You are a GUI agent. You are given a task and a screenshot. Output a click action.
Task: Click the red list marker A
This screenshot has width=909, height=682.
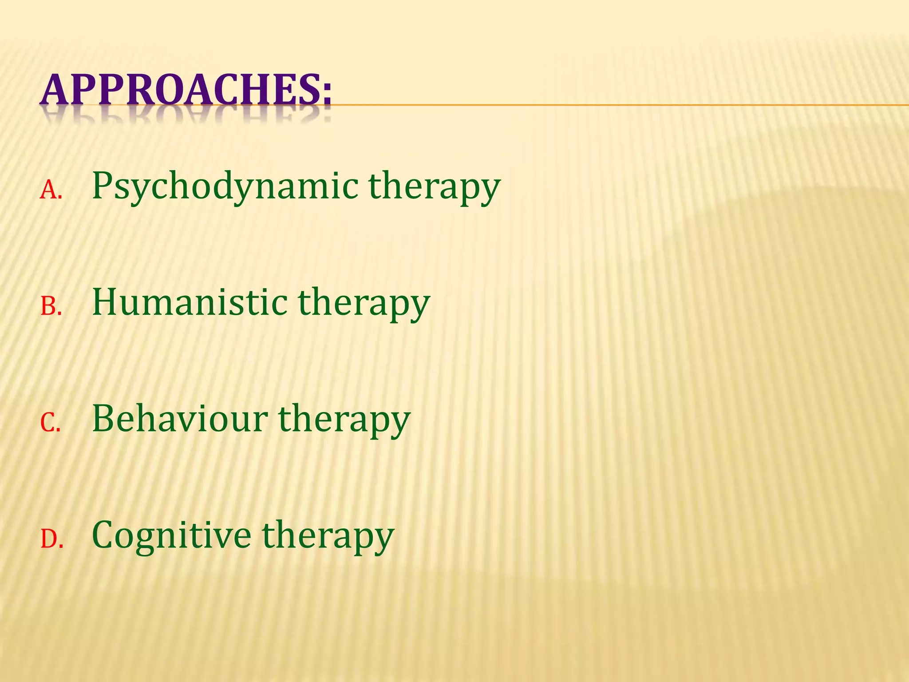coord(50,190)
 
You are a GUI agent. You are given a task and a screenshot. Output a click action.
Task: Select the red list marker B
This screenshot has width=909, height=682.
coord(50,307)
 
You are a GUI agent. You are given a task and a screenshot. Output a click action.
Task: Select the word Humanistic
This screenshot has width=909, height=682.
coord(190,302)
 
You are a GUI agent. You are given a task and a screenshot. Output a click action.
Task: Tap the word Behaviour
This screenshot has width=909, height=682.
coord(180,419)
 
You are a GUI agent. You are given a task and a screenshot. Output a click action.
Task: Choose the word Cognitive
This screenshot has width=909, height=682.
coord(171,535)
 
